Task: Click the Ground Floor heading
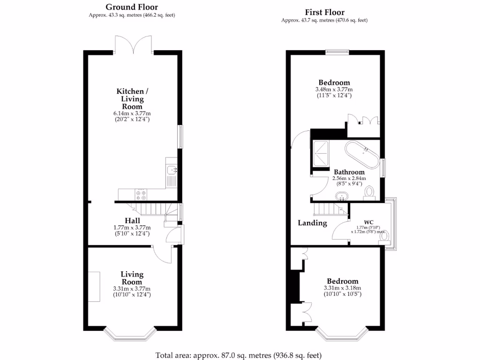[x=131, y=7]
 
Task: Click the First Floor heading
[x=324, y=12]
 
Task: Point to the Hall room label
[x=132, y=220]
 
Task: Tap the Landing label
[x=312, y=223]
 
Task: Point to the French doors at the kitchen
[x=133, y=44]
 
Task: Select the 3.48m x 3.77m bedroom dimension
[x=333, y=89]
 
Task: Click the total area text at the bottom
[x=239, y=355]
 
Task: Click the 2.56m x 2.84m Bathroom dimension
[x=349, y=178]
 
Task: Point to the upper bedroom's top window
[x=337, y=52]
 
